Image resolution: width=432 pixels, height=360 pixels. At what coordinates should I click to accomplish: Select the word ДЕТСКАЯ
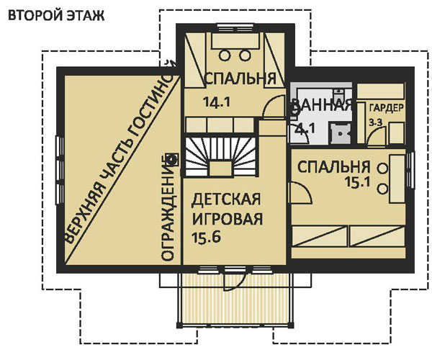[x=226, y=199]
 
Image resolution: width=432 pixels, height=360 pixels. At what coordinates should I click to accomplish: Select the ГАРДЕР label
[x=387, y=108]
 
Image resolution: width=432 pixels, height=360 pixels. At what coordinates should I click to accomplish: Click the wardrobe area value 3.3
[x=375, y=124]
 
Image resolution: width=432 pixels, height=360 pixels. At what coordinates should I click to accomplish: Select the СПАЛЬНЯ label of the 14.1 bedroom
[x=230, y=78]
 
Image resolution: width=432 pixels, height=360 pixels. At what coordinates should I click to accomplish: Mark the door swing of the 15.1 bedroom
[x=301, y=193]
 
